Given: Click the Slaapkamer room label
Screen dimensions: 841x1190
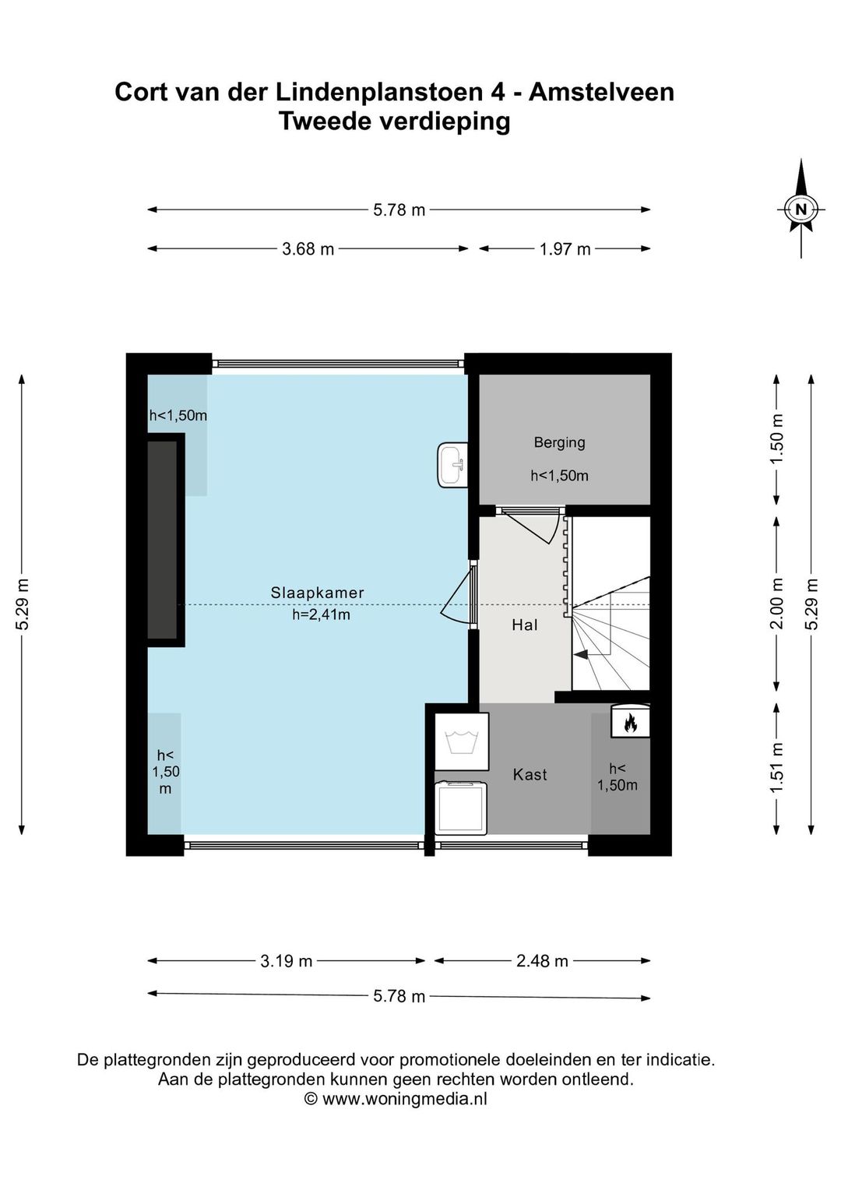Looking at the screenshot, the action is pyautogui.click(x=317, y=593).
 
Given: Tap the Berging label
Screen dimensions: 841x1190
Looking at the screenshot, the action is pyautogui.click(x=559, y=442).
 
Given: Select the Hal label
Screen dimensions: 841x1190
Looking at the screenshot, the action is pyautogui.click(x=524, y=625).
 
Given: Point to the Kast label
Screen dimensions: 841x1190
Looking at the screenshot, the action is pyautogui.click(x=530, y=775).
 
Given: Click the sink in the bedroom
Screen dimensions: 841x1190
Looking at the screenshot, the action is pyautogui.click(x=452, y=466).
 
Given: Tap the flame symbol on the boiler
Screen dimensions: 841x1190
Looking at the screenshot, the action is pyautogui.click(x=630, y=723).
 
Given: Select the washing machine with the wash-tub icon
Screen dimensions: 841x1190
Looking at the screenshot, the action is pyautogui.click(x=462, y=741).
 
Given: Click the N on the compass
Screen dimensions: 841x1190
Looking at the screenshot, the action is pyautogui.click(x=801, y=209).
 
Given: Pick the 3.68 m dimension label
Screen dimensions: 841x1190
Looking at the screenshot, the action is pyautogui.click(x=308, y=248).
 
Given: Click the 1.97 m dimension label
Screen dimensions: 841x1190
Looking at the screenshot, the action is pyautogui.click(x=565, y=248).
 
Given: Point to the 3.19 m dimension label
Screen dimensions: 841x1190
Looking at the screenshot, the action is pyautogui.click(x=286, y=961).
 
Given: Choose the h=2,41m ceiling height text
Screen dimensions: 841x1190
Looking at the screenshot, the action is pyautogui.click(x=321, y=614).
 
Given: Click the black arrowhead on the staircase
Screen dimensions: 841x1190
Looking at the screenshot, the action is pyautogui.click(x=582, y=655).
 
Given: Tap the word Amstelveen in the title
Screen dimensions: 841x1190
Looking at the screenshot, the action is pyautogui.click(x=601, y=92).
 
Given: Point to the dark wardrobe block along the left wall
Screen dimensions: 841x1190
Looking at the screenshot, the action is pyautogui.click(x=162, y=540).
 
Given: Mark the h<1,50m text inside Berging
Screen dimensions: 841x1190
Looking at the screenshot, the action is pyautogui.click(x=559, y=476).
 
